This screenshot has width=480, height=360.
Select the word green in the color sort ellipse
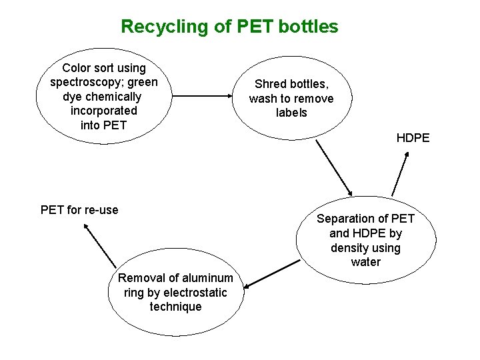[x=143, y=82]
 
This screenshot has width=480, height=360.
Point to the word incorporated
[x=103, y=111]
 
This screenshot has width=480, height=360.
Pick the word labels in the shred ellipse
[x=291, y=113]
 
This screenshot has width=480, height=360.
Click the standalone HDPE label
[x=413, y=139]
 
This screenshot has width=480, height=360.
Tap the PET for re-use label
[x=79, y=210]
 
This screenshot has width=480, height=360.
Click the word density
[x=348, y=248]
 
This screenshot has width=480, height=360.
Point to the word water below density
[x=365, y=262]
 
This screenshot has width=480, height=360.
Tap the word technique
[x=175, y=307]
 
